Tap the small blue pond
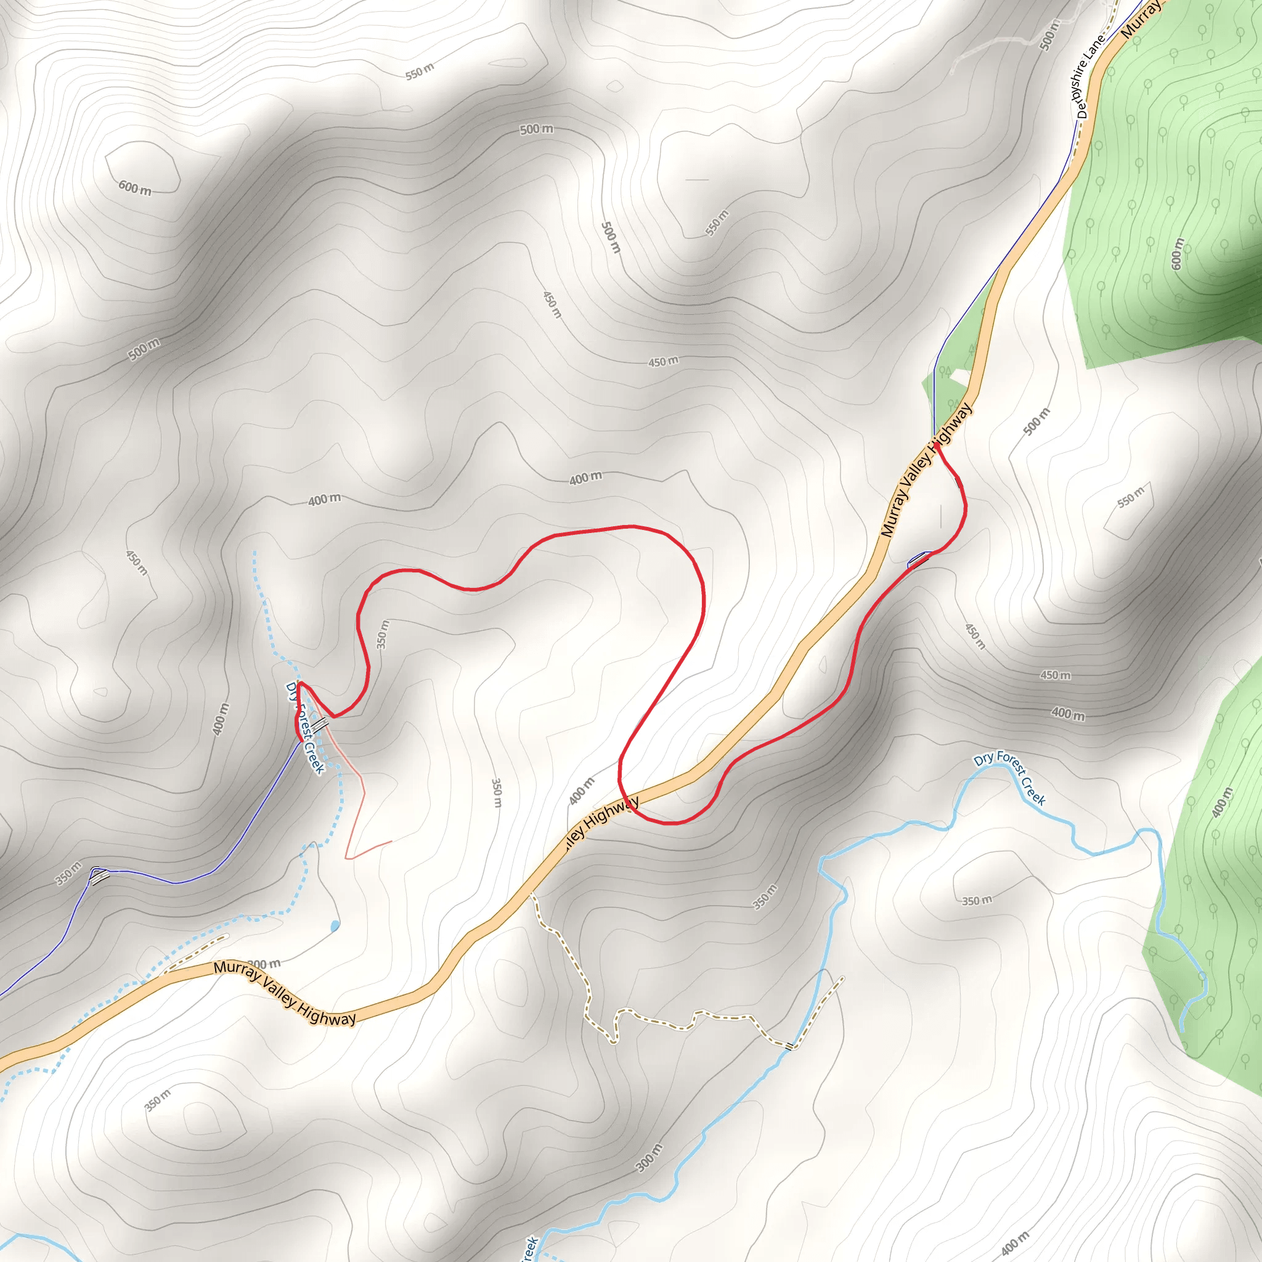pos(335,926)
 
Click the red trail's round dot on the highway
pos(937,446)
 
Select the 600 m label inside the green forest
pos(1177,253)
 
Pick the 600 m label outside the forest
pos(134,188)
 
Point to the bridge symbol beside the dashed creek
pos(319,725)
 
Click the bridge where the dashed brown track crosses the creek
pos(791,1047)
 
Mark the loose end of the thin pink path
pos(391,841)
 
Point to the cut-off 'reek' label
pos(530,1248)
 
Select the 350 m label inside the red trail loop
pos(383,634)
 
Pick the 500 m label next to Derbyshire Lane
pos(1049,35)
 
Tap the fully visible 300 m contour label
pos(649,1158)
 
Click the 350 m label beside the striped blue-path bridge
pos(68,874)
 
